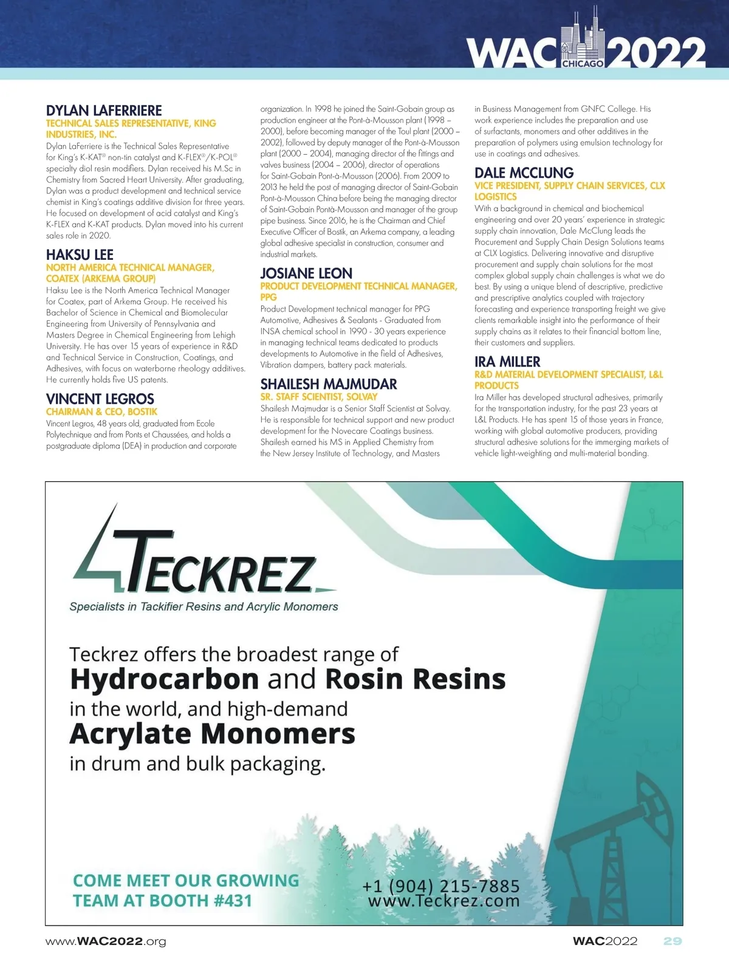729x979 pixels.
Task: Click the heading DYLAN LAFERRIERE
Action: tap(104, 110)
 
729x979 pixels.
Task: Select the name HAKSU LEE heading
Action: tap(80, 254)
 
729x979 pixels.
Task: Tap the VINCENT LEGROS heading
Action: tap(100, 399)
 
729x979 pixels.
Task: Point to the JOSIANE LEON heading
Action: tap(306, 273)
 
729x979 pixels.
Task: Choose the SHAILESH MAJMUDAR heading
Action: tap(329, 384)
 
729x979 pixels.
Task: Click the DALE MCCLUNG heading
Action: tap(524, 173)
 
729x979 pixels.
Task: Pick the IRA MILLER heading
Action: tap(507, 362)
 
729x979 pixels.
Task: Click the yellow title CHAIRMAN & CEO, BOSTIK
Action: tap(101, 412)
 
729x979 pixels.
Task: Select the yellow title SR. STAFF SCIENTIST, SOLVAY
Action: tap(319, 396)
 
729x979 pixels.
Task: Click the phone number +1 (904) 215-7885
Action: tap(441, 886)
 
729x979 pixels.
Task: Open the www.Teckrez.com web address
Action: tap(443, 901)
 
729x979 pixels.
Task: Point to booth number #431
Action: tap(233, 901)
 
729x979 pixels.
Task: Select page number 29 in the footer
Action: tap(673, 941)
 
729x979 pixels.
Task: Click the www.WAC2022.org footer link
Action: tap(106, 941)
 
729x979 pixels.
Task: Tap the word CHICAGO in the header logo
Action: tap(583, 63)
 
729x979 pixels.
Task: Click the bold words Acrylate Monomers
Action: tap(212, 734)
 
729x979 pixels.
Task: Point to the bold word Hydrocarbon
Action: tap(164, 679)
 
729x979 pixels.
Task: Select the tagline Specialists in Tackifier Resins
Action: tap(204, 606)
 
